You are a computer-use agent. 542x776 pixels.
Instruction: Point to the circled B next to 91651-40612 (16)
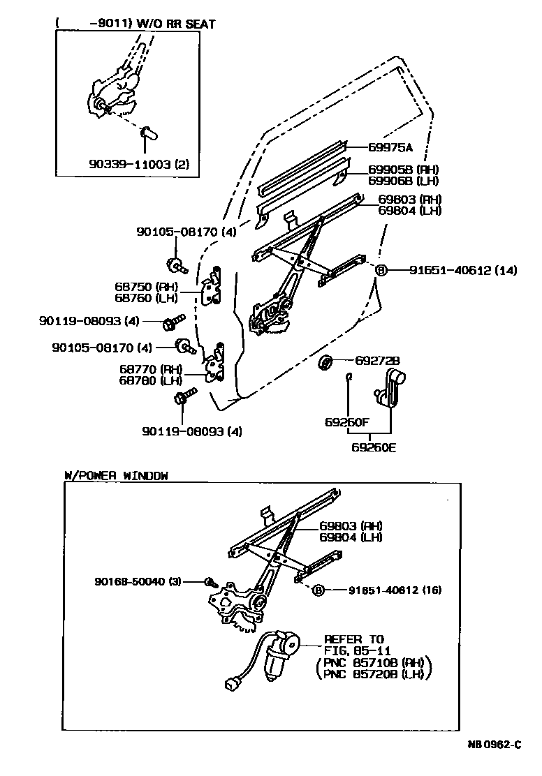pos(318,590)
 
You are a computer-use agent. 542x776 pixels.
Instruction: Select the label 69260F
pos(347,422)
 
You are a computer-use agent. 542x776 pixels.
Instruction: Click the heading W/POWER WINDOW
pos(116,475)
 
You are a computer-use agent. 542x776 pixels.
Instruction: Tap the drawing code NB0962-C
pos(494,745)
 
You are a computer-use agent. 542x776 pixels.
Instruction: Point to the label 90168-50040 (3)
pos(138,581)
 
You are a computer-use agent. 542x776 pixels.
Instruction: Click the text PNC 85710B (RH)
pos(374,664)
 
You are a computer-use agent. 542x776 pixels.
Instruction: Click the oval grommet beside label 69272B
pos(325,362)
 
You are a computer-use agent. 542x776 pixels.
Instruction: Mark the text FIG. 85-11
pos(353,650)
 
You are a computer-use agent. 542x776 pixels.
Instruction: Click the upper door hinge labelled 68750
pos(213,287)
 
